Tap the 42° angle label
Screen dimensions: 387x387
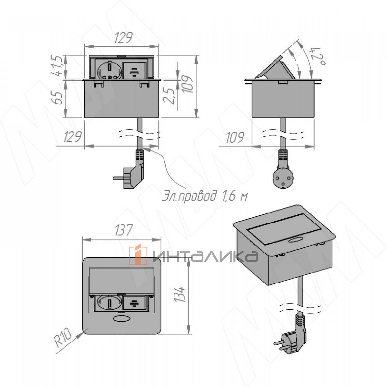point(318,56)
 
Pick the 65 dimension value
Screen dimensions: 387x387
point(59,98)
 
